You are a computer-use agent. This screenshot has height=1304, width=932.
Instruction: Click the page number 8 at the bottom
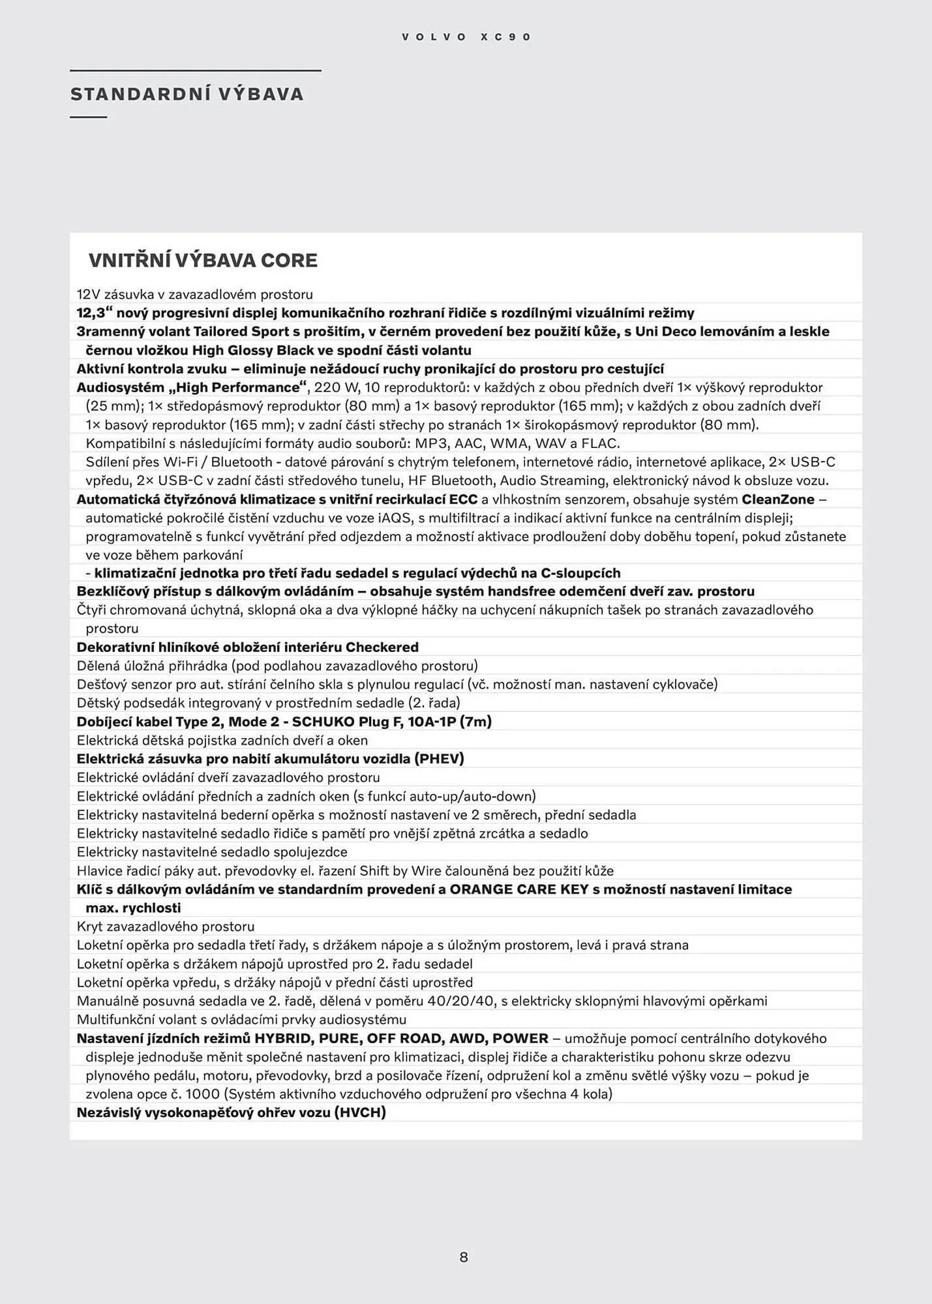(x=464, y=1257)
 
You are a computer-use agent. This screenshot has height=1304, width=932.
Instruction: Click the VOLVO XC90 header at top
(x=466, y=37)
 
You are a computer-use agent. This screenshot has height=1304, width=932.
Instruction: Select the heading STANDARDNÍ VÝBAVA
(x=187, y=95)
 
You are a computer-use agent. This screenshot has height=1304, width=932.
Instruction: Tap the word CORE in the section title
(x=289, y=261)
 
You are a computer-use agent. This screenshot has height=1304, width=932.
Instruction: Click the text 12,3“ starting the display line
(x=94, y=313)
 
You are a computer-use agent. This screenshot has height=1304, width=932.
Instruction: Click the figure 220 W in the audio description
(x=337, y=388)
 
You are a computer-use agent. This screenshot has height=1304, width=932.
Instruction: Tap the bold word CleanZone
(x=778, y=499)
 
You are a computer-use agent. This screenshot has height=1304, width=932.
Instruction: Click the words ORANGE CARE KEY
(x=519, y=890)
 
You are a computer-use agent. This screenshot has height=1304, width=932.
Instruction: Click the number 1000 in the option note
(x=204, y=1094)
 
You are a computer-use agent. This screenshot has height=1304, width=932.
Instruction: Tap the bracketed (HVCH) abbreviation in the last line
(x=359, y=1113)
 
